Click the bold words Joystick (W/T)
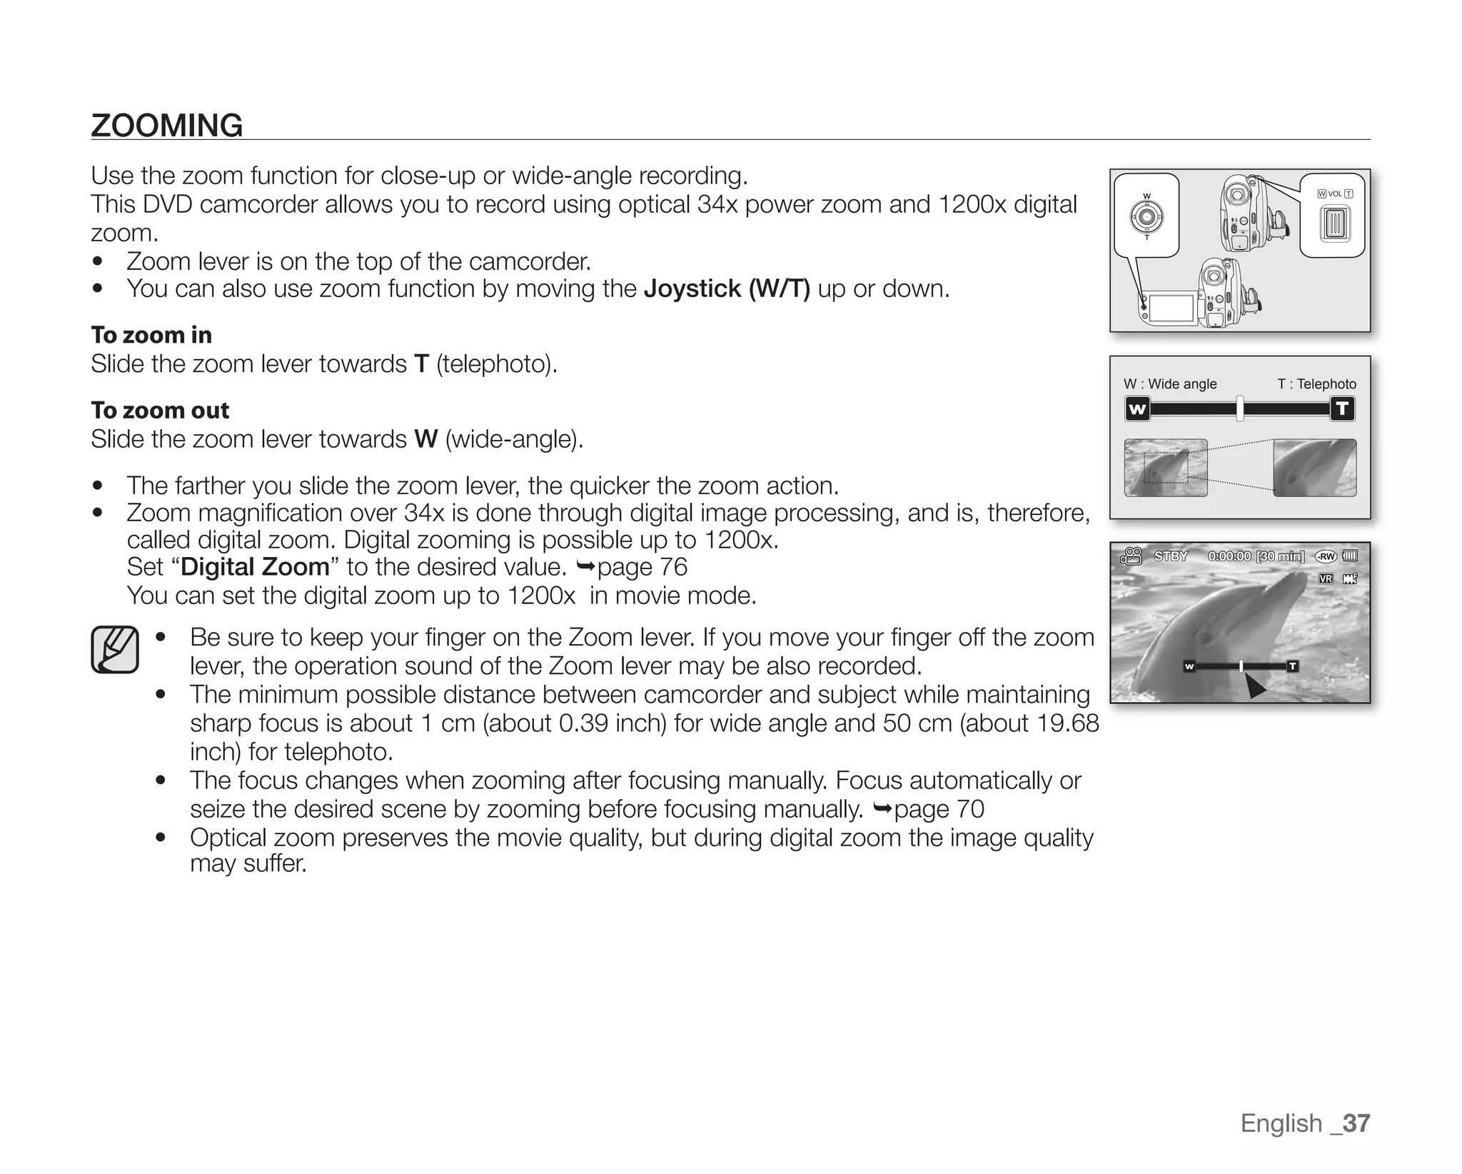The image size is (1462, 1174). [x=726, y=289]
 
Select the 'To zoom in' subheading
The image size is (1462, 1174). [x=151, y=335]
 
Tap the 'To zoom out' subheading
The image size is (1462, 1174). [x=160, y=410]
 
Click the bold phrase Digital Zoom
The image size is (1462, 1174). [x=255, y=567]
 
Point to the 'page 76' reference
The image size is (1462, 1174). [x=641, y=567]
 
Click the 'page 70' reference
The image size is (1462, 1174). [x=938, y=809]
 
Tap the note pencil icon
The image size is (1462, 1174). [x=115, y=649]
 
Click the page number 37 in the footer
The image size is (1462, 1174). [x=1355, y=1123]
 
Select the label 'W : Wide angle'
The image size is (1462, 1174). [x=1169, y=383]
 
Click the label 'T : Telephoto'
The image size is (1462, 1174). [x=1316, y=383]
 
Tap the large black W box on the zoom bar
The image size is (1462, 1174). [x=1137, y=409]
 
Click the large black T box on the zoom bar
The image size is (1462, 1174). [x=1342, y=409]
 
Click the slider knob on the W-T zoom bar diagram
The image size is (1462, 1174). [x=1240, y=408]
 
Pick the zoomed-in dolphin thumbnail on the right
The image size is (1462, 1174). [x=1314, y=468]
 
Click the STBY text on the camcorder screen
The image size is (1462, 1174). [x=1171, y=556]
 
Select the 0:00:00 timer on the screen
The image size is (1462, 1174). [x=1229, y=556]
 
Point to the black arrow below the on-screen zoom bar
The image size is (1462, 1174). [x=1254, y=688]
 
